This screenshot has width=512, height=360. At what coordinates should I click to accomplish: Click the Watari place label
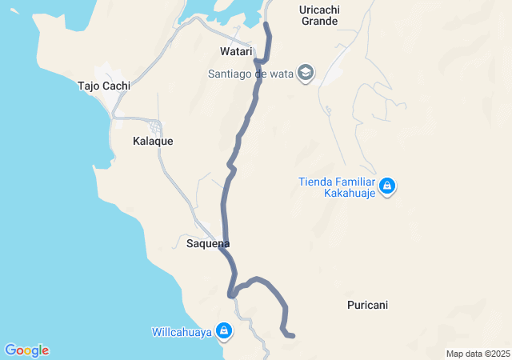coord(236,52)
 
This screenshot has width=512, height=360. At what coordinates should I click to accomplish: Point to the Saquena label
coord(208,243)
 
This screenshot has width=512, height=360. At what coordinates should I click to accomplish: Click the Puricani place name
coord(368,305)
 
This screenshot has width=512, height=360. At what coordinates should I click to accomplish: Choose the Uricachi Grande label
coord(319,15)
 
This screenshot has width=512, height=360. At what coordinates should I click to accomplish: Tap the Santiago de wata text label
coord(250,74)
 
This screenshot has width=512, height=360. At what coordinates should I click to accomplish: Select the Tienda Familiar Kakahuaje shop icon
coord(387,186)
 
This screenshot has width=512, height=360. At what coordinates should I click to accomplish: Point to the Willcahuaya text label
coord(182,330)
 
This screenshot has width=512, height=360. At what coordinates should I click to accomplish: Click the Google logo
coord(27,350)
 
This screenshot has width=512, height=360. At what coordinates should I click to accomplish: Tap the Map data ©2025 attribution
coord(478,354)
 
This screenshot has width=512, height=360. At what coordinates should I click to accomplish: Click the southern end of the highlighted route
coord(293,335)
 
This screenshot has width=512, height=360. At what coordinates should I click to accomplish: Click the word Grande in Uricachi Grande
coord(319,21)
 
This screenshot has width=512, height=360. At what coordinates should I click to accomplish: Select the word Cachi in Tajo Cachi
coord(116,86)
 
